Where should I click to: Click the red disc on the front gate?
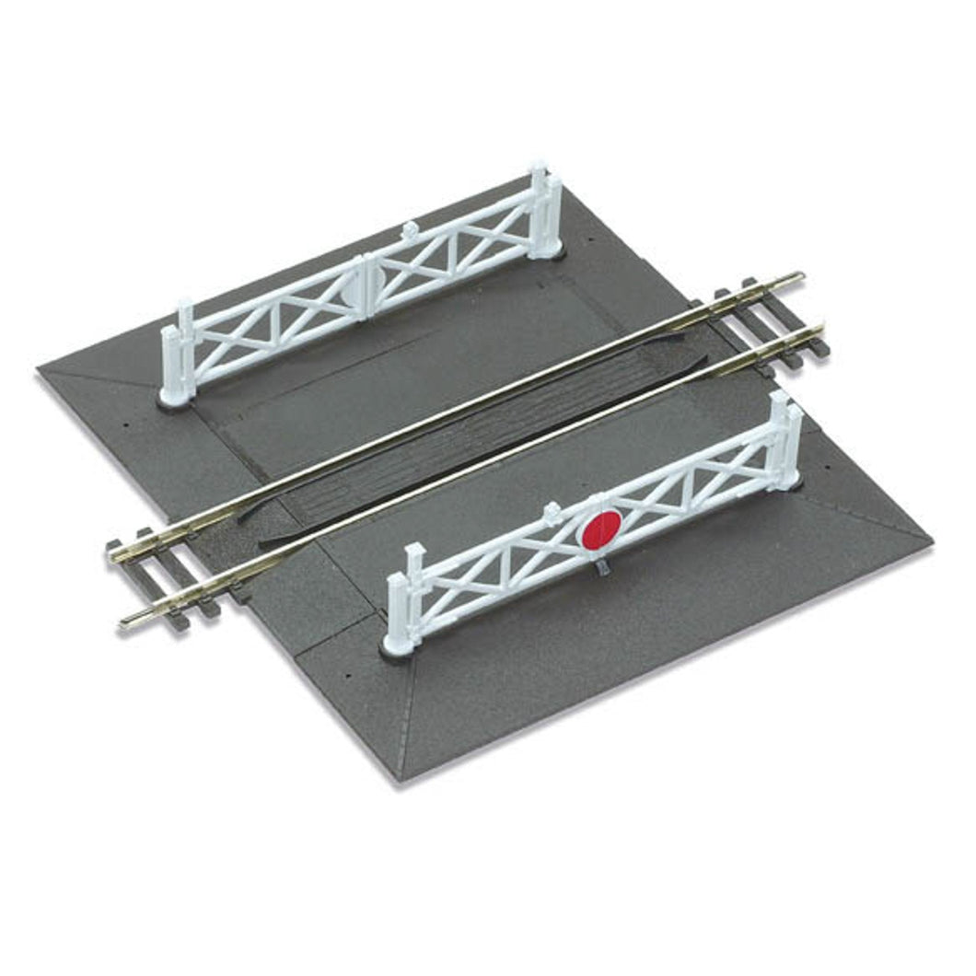[x=599, y=531]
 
